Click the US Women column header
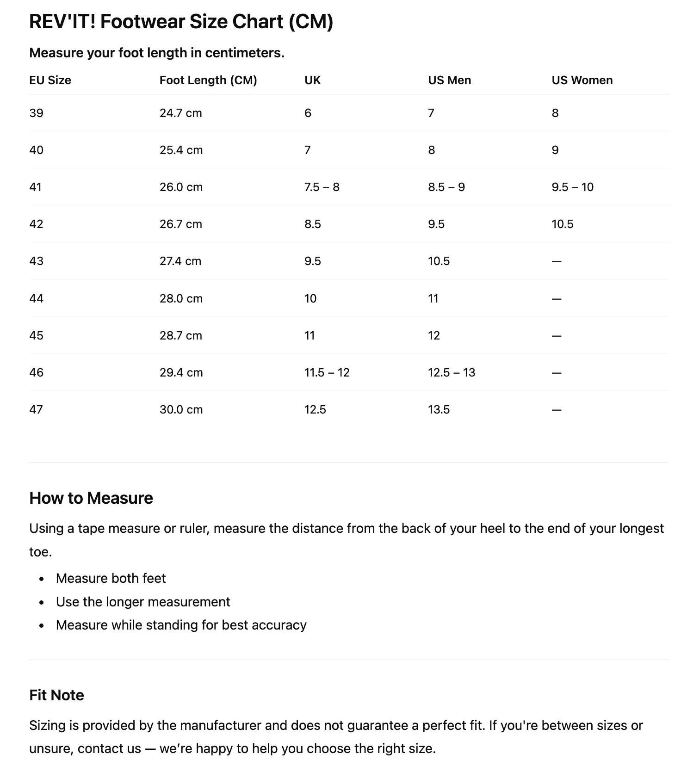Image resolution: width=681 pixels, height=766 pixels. pos(582,80)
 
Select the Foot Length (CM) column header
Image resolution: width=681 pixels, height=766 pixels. pos(208,80)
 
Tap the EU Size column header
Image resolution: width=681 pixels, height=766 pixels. pos(50,80)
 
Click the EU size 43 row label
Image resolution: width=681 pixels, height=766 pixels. pos(36,261)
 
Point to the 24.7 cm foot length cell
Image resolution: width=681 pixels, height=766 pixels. pos(180,113)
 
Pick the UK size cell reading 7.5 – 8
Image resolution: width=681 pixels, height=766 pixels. pos(322,187)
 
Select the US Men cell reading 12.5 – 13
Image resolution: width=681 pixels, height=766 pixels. pos(451,372)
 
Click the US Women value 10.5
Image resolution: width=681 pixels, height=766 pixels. pos(562,224)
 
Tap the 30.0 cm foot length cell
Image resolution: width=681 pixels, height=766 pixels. pos(181,409)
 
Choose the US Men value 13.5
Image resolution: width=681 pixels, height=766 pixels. pos(439,409)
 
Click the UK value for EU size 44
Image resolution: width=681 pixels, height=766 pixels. pos(310,298)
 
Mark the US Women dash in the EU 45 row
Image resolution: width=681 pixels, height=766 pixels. pos(557,336)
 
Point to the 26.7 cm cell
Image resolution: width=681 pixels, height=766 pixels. pos(180,224)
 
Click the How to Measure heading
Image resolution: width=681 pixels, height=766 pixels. pos(91,498)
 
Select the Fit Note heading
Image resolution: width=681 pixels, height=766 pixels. pos(56,695)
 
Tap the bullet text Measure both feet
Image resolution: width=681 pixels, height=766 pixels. pos(111,578)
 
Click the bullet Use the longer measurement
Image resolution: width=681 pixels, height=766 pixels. pos(142,602)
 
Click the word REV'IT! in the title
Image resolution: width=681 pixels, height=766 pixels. pos(62,22)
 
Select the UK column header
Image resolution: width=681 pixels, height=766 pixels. pos(312,80)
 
